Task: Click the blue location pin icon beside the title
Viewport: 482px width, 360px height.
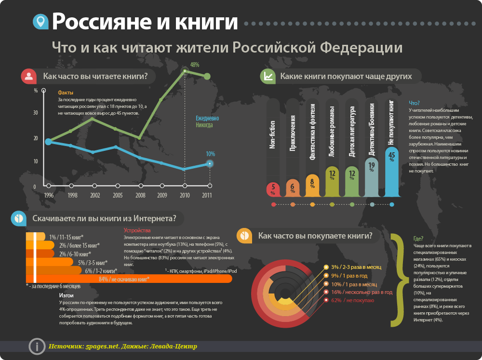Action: point(40,22)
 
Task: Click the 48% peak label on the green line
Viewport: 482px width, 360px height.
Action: point(195,64)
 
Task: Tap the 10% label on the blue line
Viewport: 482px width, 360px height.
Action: point(210,154)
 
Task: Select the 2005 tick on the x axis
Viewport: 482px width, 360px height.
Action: point(118,186)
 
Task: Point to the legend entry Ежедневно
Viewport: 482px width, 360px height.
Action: point(207,119)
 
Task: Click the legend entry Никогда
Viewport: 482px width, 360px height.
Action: point(207,125)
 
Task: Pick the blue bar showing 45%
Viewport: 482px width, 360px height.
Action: point(391,171)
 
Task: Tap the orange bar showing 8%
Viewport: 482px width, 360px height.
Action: point(312,185)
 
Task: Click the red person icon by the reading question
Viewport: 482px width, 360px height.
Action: point(29,76)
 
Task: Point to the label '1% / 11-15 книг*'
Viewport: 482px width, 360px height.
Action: point(67,237)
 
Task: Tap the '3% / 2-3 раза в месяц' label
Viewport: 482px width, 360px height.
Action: point(356,267)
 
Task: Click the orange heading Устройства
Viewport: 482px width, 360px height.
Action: point(137,230)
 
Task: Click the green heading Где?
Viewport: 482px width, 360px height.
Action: point(418,239)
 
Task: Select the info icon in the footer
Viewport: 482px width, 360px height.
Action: point(36,346)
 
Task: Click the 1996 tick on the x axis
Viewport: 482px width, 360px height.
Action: point(48,186)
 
